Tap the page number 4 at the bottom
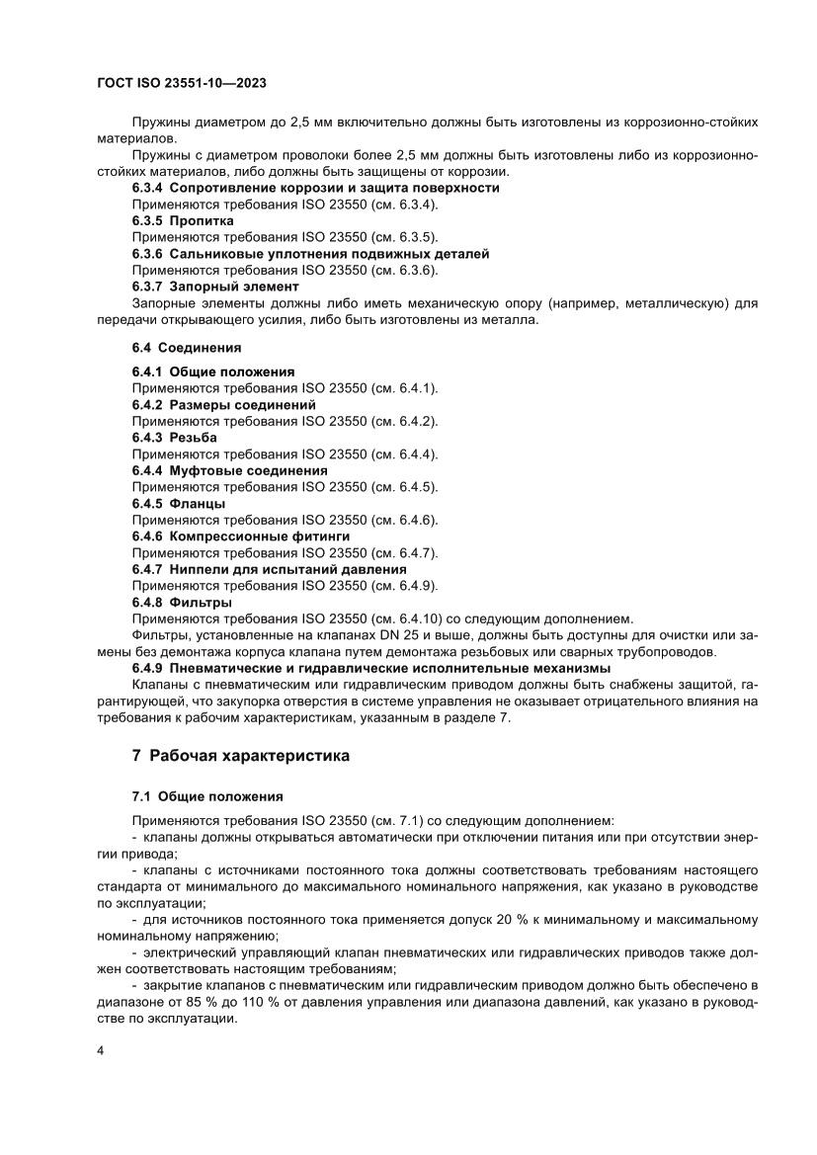pos(101,1050)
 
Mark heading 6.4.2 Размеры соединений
pos(224,405)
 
